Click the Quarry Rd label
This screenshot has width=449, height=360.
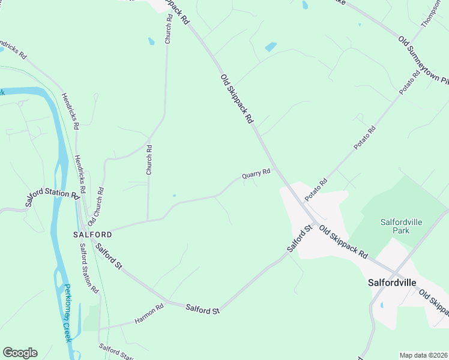pyautogui.click(x=256, y=173)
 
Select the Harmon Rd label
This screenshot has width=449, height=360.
pyautogui.click(x=149, y=314)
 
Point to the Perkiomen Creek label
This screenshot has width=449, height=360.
pyautogui.click(x=68, y=313)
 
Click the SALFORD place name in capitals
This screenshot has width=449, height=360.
pyautogui.click(x=92, y=234)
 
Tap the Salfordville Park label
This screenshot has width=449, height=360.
pyautogui.click(x=402, y=226)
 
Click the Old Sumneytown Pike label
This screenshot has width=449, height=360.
pyautogui.click(x=423, y=59)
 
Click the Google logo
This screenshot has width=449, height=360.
pyautogui.click(x=20, y=353)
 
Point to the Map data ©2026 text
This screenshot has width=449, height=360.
pyautogui.click(x=424, y=355)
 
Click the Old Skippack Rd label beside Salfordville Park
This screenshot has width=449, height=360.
pyautogui.click(x=343, y=242)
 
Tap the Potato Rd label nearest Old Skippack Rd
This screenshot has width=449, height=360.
pyautogui.click(x=315, y=190)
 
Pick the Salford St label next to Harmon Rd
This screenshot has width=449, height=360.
pyautogui.click(x=202, y=310)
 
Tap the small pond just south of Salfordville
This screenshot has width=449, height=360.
pyautogui.click(x=381, y=305)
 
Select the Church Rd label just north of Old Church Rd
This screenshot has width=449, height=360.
pyautogui.click(x=149, y=160)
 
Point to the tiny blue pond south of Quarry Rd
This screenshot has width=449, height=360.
pyautogui.click(x=173, y=195)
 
